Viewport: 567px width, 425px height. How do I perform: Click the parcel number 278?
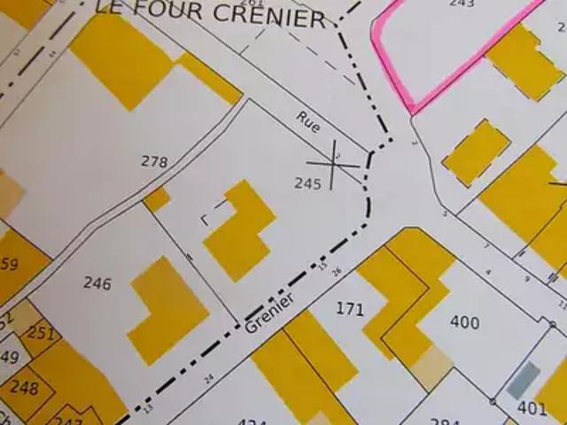pyautogui.click(x=154, y=161)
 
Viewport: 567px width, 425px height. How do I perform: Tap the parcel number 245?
pyautogui.click(x=307, y=184)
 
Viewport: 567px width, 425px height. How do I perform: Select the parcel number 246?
pyautogui.click(x=97, y=283)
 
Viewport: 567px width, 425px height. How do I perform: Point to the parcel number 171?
pyautogui.click(x=350, y=309)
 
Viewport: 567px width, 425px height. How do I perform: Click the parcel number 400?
pyautogui.click(x=464, y=322)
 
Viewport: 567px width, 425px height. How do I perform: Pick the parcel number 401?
pyautogui.click(x=532, y=408)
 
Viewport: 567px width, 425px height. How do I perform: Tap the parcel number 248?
pyautogui.click(x=24, y=388)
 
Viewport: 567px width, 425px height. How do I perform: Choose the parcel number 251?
pyautogui.click(x=41, y=333)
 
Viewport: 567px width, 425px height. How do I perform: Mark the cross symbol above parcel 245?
pyautogui.click(x=333, y=164)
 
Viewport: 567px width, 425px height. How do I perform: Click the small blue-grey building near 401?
pyautogui.click(x=523, y=380)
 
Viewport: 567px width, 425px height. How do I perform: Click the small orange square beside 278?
pyautogui.click(x=157, y=199)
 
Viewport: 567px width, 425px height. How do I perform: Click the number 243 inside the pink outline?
pyautogui.click(x=462, y=4)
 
